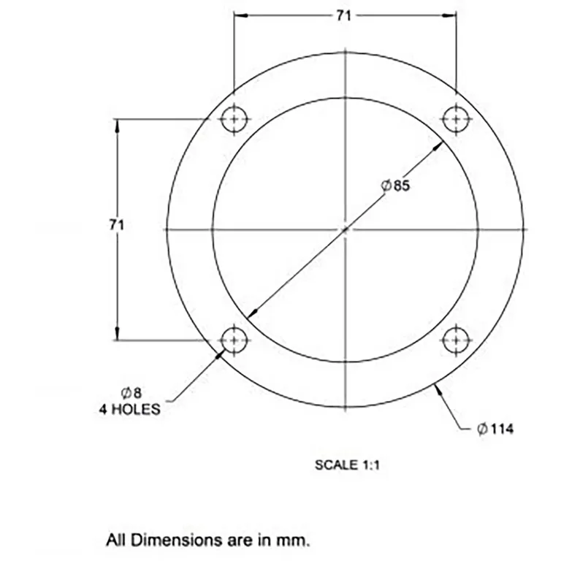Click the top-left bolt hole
[234, 119]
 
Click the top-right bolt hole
[457, 119]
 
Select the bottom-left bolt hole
[234, 340]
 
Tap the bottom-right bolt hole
[457, 340]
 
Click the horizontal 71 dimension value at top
[344, 15]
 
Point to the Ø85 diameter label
[396, 186]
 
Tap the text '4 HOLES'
[130, 410]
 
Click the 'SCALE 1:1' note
[347, 465]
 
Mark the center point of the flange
[346, 229]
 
